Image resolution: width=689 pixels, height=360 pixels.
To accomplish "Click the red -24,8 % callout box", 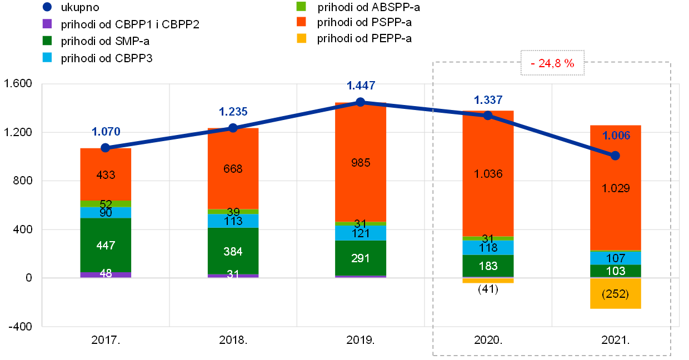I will point(552,63).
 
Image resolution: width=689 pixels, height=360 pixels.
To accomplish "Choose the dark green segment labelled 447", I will point(106,245).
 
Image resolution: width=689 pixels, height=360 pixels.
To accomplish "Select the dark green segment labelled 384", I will point(233,251).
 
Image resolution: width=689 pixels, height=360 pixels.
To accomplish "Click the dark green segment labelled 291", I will point(361,258).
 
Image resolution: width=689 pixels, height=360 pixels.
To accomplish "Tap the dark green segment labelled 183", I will point(488,266).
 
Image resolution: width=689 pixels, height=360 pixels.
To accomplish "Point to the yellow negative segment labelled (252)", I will point(616,293).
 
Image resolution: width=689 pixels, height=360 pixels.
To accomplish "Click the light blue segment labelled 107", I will point(616,258).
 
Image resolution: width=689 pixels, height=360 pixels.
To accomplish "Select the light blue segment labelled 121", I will point(361,233).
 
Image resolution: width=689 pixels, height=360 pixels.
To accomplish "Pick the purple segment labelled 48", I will point(106,274).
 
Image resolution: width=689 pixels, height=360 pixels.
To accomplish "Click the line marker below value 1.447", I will point(361,102).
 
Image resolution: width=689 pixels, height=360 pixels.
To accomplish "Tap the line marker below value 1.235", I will point(233,128).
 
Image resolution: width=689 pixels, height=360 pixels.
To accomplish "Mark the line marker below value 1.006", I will point(615,156).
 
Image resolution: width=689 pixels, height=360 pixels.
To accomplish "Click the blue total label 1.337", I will point(488,100).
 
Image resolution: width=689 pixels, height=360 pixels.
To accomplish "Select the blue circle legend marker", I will point(47,7).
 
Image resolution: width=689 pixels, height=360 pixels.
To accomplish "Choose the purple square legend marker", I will point(47,23).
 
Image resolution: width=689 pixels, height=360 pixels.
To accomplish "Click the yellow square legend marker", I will point(301,38).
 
